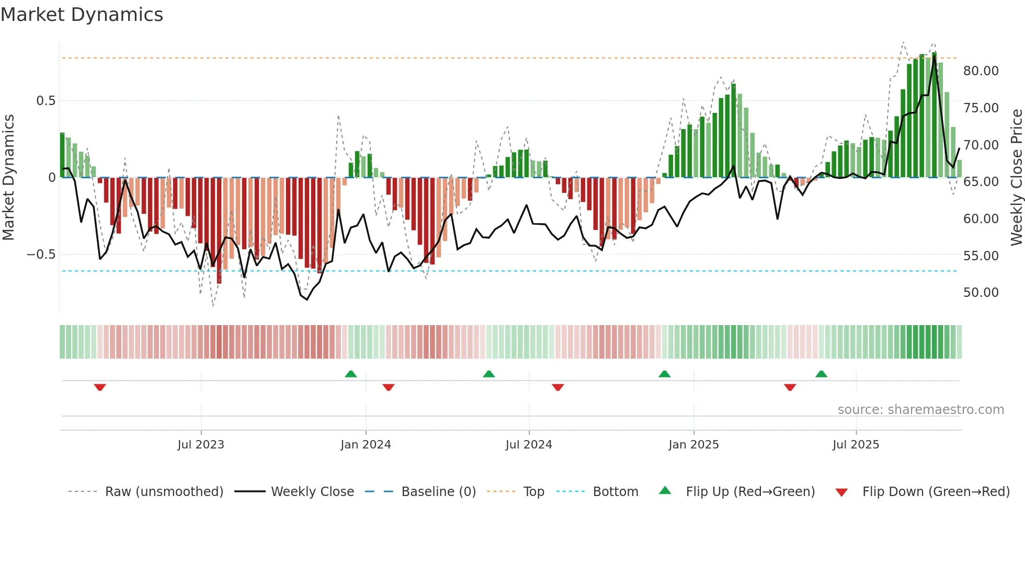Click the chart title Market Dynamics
pyautogui.click(x=82, y=15)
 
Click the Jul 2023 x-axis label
pyautogui.click(x=201, y=445)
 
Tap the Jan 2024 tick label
pyautogui.click(x=366, y=445)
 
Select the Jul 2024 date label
pyautogui.click(x=529, y=445)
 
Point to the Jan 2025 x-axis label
pyautogui.click(x=693, y=445)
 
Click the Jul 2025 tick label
pyautogui.click(x=856, y=445)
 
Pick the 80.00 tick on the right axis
pyautogui.click(x=981, y=71)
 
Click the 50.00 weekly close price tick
pyautogui.click(x=981, y=293)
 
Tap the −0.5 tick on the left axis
pyautogui.click(x=41, y=255)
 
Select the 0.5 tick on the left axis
pyautogui.click(x=45, y=101)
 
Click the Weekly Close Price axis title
pyautogui.click(x=1016, y=177)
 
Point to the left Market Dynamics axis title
pyautogui.click(x=8, y=177)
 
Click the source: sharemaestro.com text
pyautogui.click(x=920, y=410)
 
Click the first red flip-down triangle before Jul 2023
pyautogui.click(x=100, y=387)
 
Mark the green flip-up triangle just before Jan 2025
pyautogui.click(x=664, y=374)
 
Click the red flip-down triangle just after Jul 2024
pyautogui.click(x=557, y=387)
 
